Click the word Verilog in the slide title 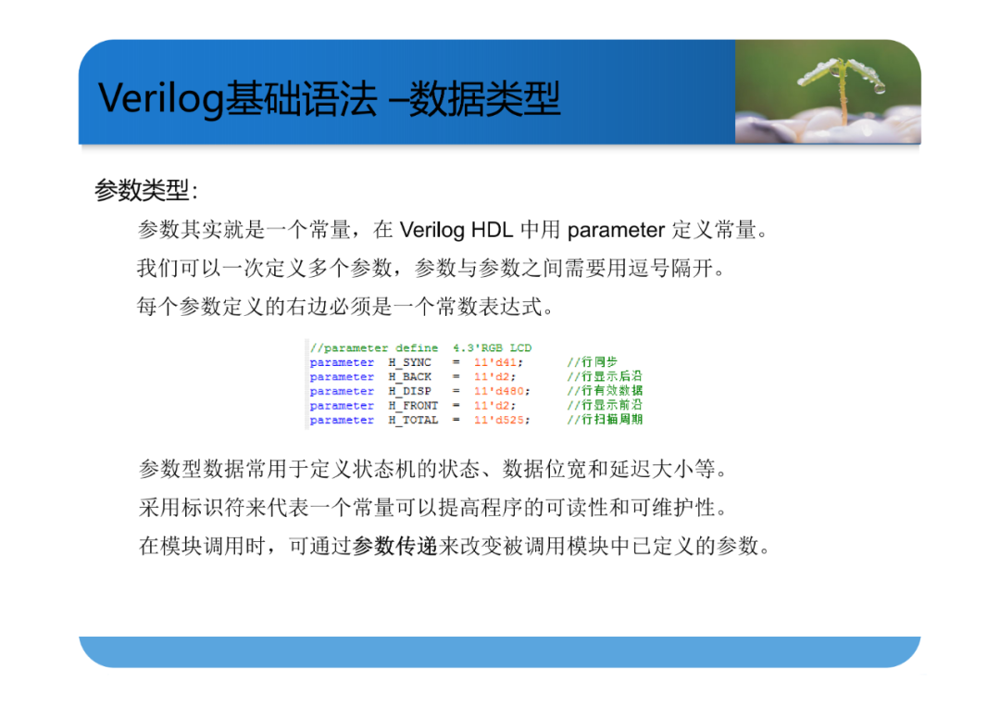[x=161, y=99]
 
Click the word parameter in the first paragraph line [x=616, y=230]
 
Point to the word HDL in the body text [x=492, y=230]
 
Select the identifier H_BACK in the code [x=409, y=377]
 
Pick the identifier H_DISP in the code [x=409, y=391]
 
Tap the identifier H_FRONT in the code [x=413, y=406]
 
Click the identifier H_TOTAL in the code [x=413, y=421]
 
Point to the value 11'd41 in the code [x=494, y=362]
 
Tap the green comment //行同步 [x=592, y=361]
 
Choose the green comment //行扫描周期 [x=605, y=419]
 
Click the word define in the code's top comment [x=417, y=348]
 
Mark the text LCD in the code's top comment [x=520, y=348]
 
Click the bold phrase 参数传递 [x=394, y=546]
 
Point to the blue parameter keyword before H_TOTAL [x=342, y=421]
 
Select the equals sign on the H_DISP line [x=456, y=391]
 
